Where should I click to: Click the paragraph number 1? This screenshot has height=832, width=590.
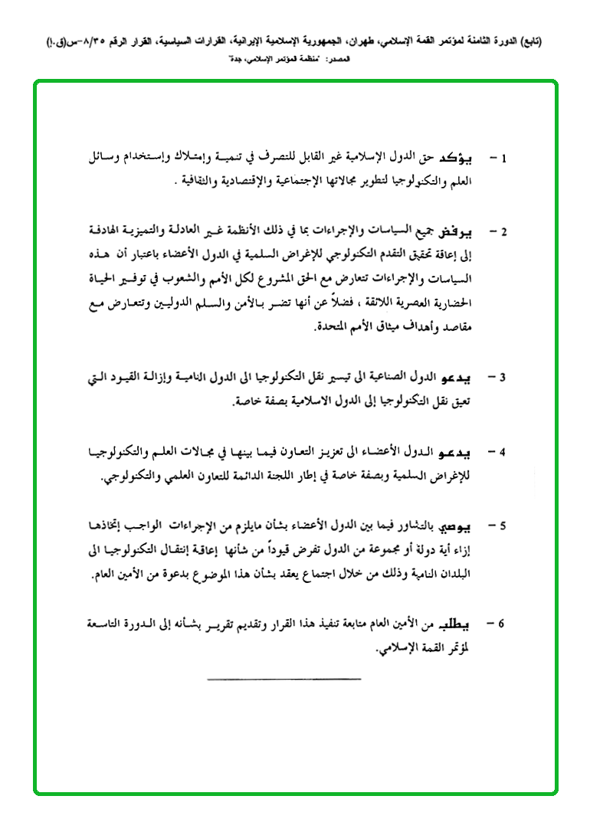tap(503, 159)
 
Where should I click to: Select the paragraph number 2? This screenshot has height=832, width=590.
tap(503, 231)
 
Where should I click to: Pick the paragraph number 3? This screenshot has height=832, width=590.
tap(503, 378)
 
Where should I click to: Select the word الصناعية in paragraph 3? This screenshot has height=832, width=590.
tap(398, 378)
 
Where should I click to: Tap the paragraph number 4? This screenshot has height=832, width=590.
tap(503, 452)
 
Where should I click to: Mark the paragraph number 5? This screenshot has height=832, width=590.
tap(503, 527)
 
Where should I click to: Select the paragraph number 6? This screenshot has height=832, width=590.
tap(503, 624)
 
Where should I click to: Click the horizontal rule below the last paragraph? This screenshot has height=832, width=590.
tap(284, 679)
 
